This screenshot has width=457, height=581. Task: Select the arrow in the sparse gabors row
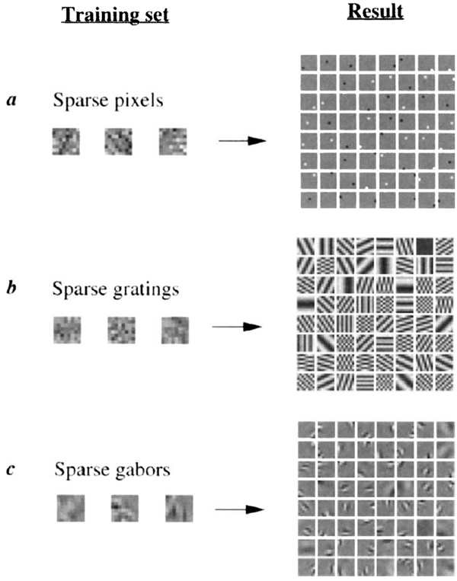point(238,506)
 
